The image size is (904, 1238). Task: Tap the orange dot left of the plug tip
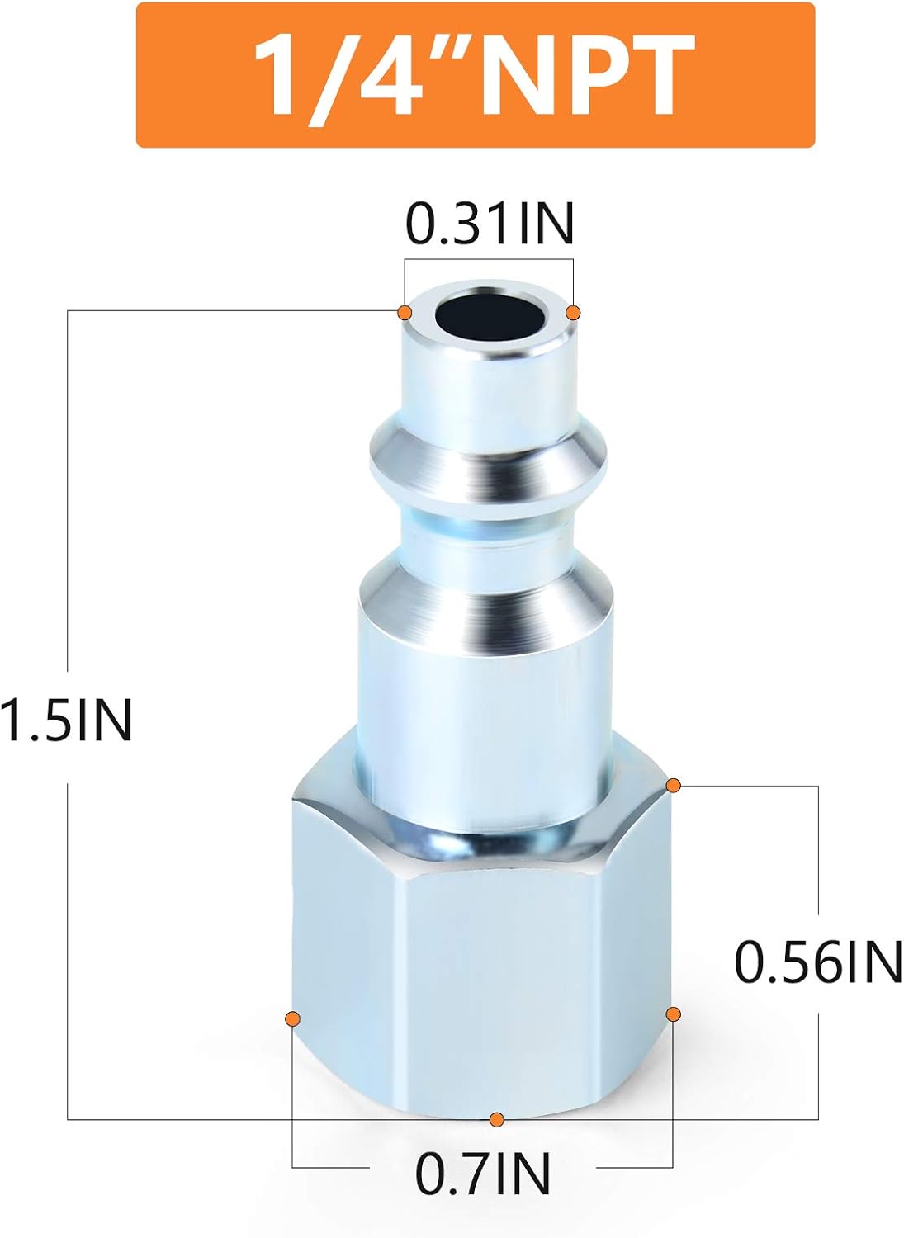pyautogui.click(x=405, y=312)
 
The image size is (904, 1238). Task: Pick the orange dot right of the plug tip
pyautogui.click(x=573, y=313)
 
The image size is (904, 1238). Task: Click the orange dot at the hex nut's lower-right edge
pyautogui.click(x=673, y=1013)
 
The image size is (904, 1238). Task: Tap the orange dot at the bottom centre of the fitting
pyautogui.click(x=496, y=1119)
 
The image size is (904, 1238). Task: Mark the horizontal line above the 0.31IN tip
pyautogui.click(x=488, y=261)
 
